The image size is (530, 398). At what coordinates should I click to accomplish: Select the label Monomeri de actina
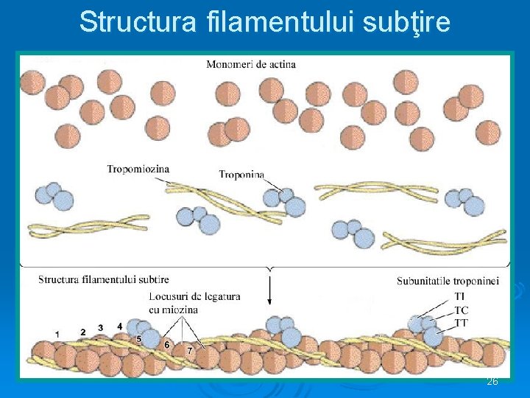pyautogui.click(x=251, y=64)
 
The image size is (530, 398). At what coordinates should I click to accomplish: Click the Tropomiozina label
pyautogui.click(x=138, y=169)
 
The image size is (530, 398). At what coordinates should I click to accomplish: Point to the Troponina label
pyautogui.click(x=242, y=174)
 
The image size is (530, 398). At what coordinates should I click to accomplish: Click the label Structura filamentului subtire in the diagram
pyautogui.click(x=104, y=279)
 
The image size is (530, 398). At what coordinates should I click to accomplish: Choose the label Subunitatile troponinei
pyautogui.click(x=448, y=281)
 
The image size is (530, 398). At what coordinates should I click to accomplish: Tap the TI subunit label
pyautogui.click(x=461, y=297)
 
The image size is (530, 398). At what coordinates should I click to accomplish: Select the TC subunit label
pyautogui.click(x=462, y=310)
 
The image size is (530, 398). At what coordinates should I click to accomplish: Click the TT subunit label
pyautogui.click(x=462, y=323)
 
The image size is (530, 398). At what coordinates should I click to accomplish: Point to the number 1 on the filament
pyautogui.click(x=57, y=334)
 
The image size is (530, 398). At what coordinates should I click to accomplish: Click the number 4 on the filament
pyautogui.click(x=120, y=327)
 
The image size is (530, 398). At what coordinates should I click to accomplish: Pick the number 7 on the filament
pyautogui.click(x=189, y=351)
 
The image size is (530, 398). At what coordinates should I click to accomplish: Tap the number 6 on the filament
pyautogui.click(x=167, y=344)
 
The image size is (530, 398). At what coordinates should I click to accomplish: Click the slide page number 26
pyautogui.click(x=492, y=382)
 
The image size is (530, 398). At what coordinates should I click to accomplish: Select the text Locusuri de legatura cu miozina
pyautogui.click(x=194, y=303)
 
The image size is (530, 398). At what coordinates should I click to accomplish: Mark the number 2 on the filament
pyautogui.click(x=82, y=332)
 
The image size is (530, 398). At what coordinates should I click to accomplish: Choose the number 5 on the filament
pyautogui.click(x=138, y=338)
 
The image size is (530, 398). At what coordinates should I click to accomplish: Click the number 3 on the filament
pyautogui.click(x=102, y=328)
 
